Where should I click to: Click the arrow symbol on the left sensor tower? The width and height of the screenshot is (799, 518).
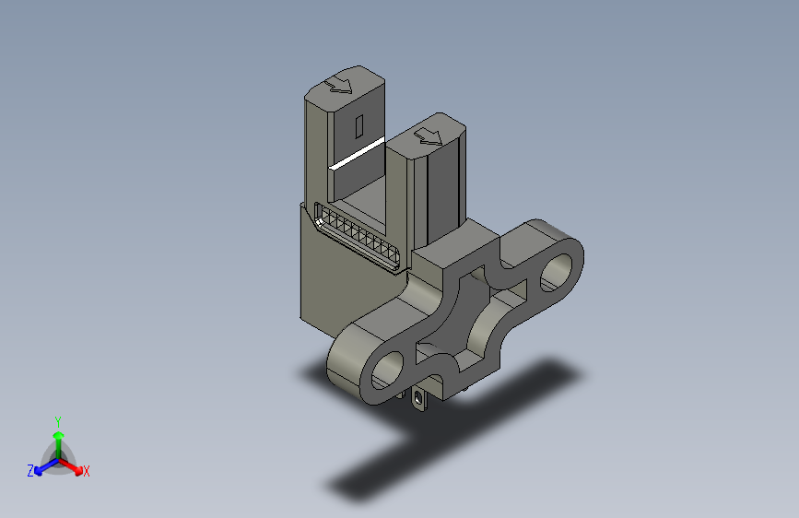(x=340, y=84)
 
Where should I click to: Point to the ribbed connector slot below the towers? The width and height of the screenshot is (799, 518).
(x=358, y=235)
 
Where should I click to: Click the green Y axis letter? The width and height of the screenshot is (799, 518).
(x=57, y=420)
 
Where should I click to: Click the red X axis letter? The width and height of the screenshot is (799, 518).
(x=86, y=472)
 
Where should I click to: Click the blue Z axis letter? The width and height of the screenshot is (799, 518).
(x=30, y=471)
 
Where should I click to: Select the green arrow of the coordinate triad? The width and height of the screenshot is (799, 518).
(x=57, y=439)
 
